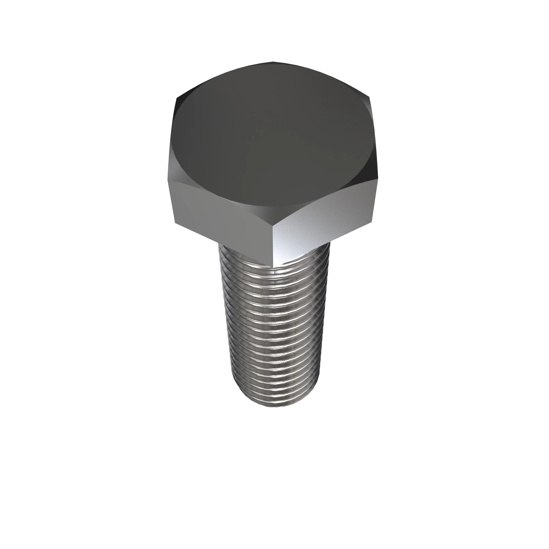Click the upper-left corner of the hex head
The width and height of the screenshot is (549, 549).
(x=177, y=98)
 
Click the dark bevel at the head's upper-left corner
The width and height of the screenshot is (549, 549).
(x=182, y=97)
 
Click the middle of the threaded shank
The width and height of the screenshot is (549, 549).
(x=273, y=327)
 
